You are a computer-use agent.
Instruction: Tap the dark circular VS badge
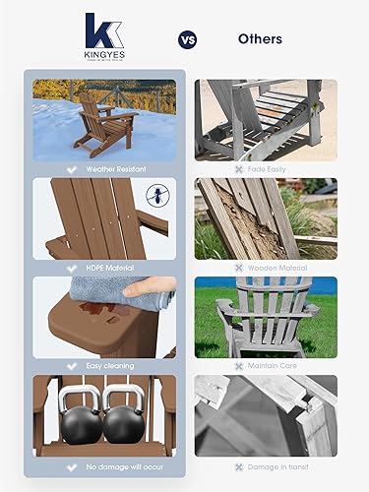(187, 39)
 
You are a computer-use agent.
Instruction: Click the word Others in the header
(260, 39)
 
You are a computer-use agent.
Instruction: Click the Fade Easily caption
(266, 168)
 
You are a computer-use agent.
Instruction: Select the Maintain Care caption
(268, 366)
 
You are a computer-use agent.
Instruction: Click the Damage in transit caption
(272, 465)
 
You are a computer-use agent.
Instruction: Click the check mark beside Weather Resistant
(71, 168)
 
